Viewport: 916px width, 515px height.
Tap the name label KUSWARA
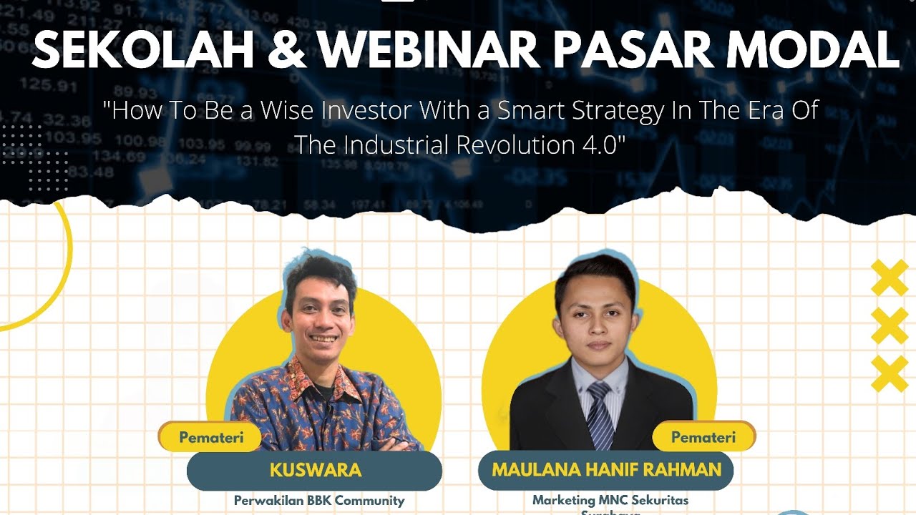[316, 470]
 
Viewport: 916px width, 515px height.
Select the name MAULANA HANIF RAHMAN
[606, 470]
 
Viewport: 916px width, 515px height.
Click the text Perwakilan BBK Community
[319, 501]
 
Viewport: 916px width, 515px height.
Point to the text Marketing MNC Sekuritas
[610, 500]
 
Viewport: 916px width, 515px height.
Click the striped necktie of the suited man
[600, 415]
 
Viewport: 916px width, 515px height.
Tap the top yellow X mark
[890, 278]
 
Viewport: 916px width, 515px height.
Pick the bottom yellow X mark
[890, 374]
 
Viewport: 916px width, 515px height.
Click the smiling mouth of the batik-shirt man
[323, 338]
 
